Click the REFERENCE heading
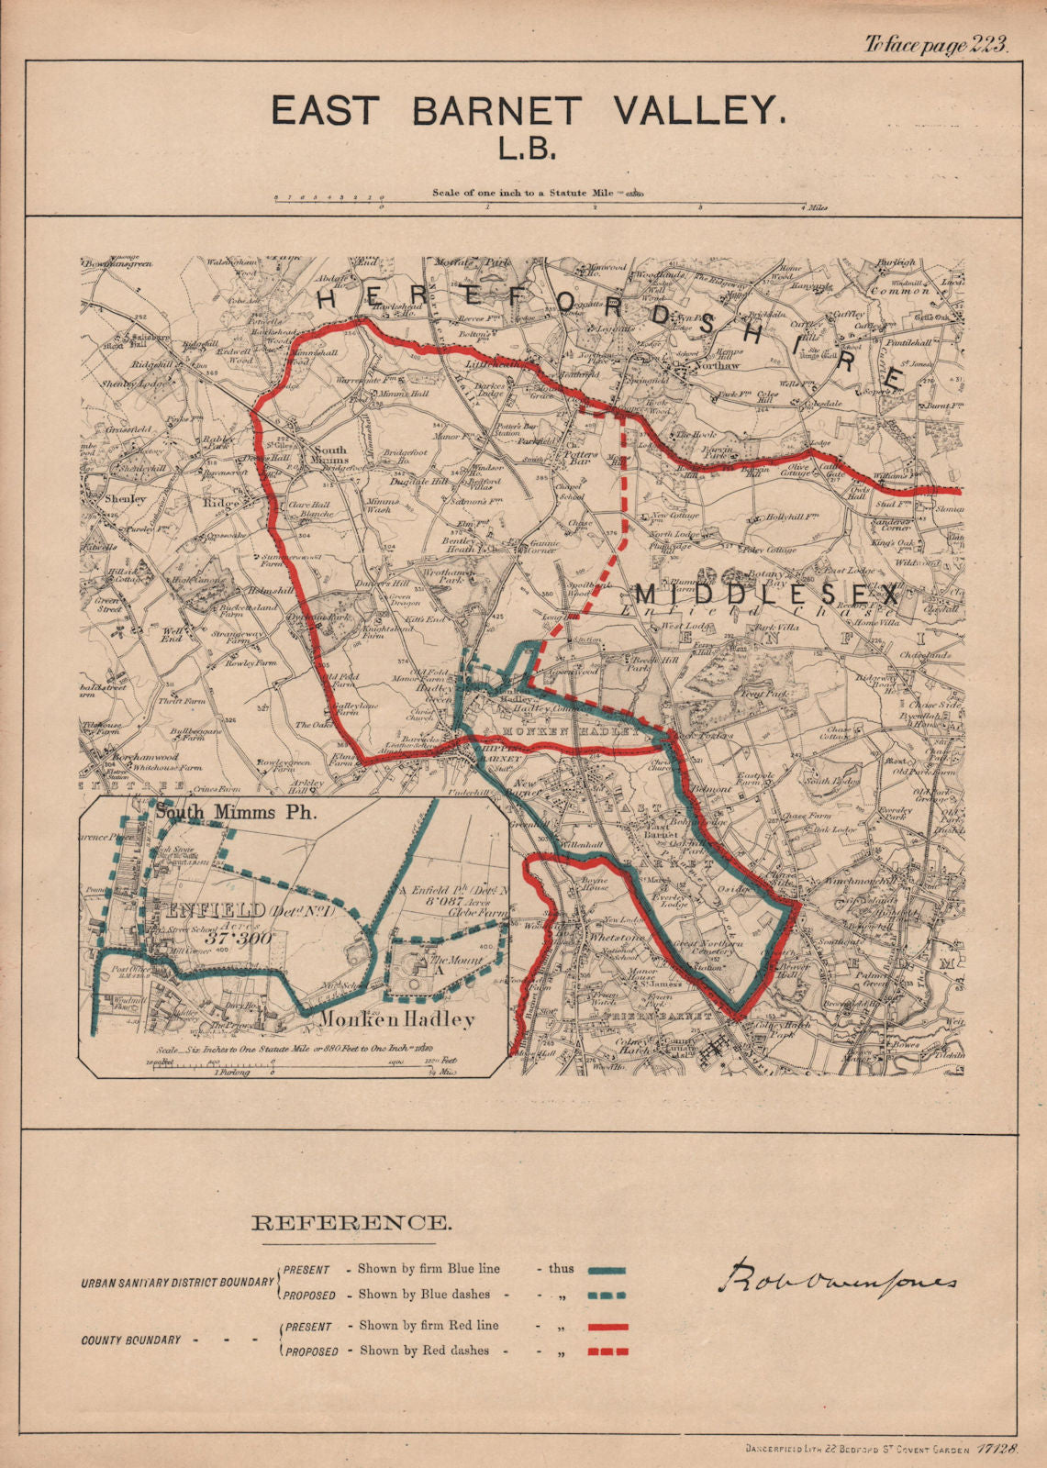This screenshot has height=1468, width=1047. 351,1223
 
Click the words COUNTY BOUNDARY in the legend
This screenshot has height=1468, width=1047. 131,1340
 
